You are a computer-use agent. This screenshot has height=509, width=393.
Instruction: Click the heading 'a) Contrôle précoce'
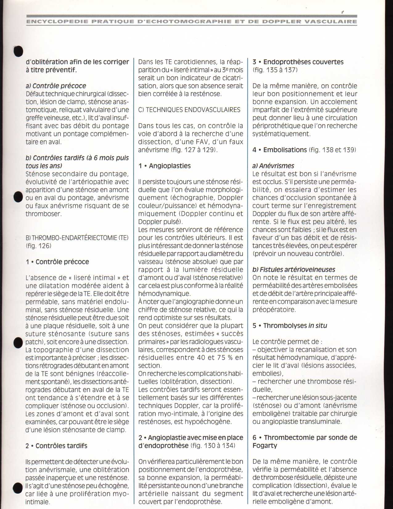point(56,86)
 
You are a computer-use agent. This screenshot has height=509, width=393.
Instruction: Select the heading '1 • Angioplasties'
point(165,166)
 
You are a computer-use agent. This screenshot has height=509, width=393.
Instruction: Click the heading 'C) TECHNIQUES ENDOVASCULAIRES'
point(189,110)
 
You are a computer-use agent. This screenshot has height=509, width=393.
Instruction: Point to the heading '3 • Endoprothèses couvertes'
point(298,62)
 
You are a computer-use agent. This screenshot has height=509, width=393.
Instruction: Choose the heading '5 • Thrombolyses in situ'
point(290,326)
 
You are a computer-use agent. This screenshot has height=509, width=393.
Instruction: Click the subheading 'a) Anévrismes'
point(273,166)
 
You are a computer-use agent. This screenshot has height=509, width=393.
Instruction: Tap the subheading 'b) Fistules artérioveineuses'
point(293,270)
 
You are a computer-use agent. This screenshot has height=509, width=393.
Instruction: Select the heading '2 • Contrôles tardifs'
point(56,446)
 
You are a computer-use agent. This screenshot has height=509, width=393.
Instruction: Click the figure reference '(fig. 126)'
point(39,246)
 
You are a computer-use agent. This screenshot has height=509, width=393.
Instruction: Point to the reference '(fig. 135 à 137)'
point(275,70)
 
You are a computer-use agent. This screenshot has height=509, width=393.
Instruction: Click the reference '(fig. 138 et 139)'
point(332,150)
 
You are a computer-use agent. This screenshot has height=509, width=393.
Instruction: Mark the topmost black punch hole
point(18,52)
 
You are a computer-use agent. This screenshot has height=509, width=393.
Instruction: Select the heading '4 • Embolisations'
point(280,150)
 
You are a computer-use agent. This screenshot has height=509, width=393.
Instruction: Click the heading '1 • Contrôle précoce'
point(57,262)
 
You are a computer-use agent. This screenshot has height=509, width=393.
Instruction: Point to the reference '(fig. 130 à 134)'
point(213,446)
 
